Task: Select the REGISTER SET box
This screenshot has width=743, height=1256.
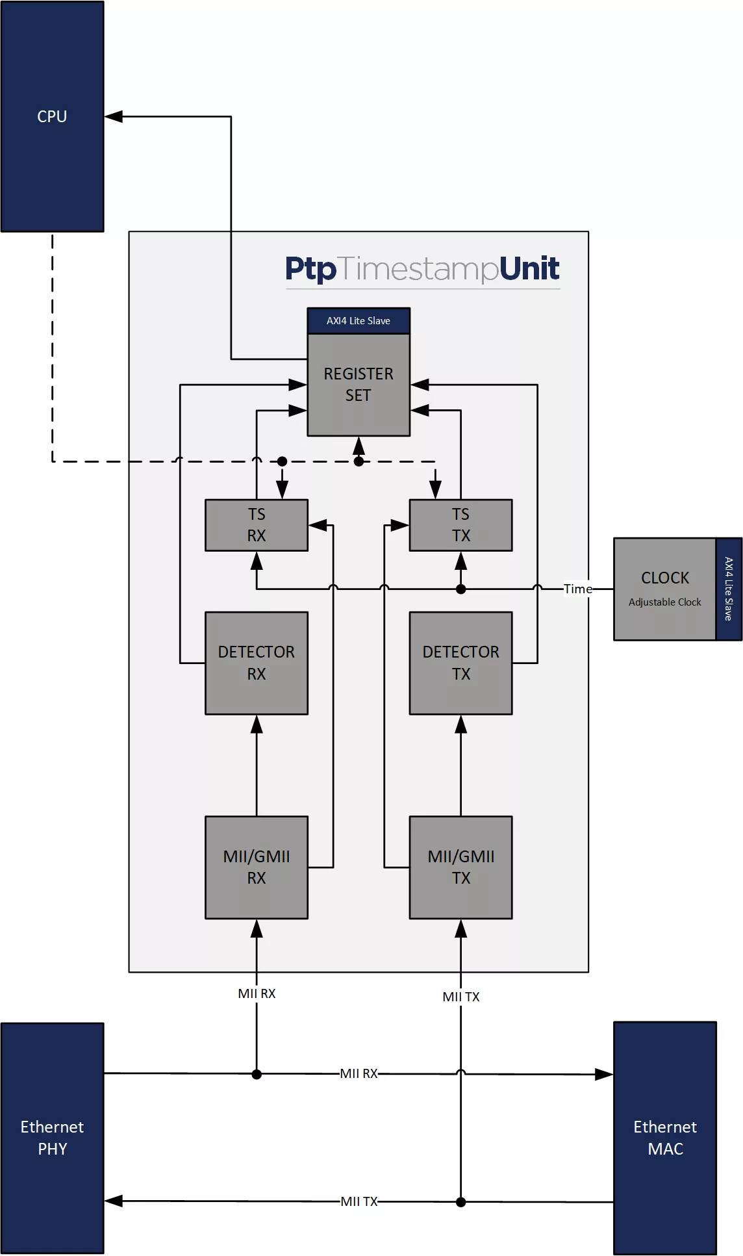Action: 359,385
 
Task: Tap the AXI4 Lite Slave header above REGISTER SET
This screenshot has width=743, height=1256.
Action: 359,321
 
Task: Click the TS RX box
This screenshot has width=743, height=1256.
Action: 257,525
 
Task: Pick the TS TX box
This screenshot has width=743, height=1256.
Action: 460,525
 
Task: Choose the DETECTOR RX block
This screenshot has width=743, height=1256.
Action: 257,663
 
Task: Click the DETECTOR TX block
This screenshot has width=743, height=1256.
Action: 460,663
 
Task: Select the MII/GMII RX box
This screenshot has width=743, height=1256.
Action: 257,867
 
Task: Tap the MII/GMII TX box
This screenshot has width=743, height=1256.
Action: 460,867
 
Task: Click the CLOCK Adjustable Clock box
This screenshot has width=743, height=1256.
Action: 664,589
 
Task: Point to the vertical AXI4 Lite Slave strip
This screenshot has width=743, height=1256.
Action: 729,589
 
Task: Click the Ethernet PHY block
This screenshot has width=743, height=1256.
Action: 52,1138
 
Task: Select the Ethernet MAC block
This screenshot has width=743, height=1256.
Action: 665,1138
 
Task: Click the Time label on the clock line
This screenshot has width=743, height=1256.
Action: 577,589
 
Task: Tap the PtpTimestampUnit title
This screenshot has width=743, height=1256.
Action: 422,269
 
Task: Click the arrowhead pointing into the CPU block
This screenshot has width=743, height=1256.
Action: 114,116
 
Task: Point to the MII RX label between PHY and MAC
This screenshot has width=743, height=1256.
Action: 359,1073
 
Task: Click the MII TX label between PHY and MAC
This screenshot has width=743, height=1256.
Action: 359,1201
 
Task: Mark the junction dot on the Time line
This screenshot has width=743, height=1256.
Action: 460,589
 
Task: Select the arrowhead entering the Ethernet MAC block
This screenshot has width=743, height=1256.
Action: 605,1074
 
